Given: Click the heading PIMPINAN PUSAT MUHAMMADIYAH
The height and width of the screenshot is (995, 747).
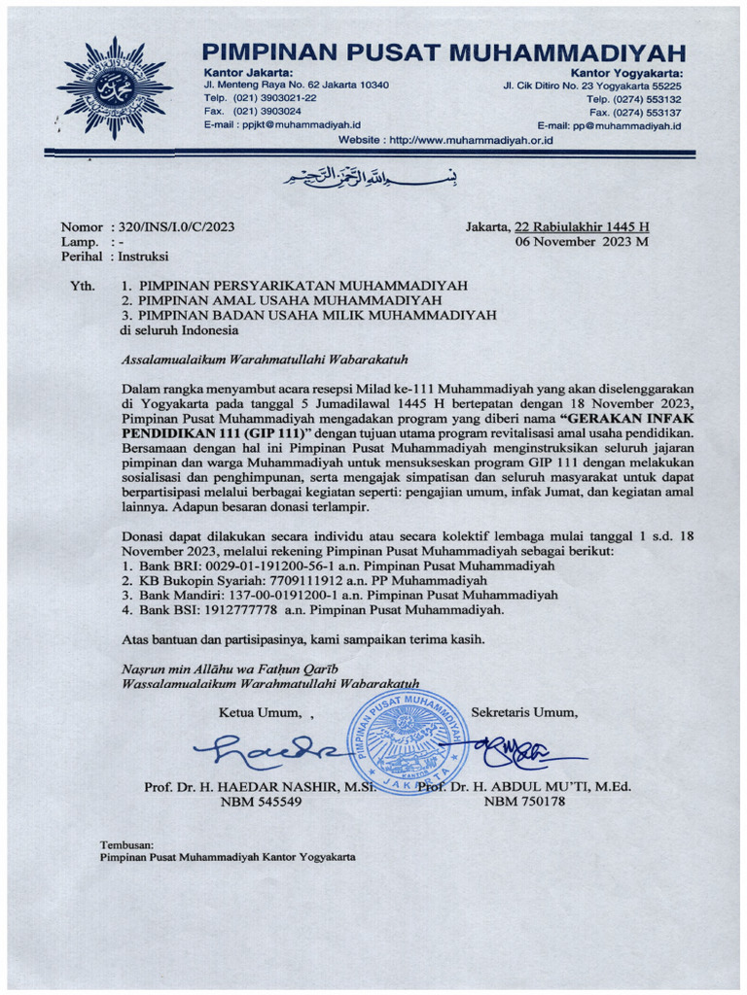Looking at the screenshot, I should [x=445, y=52].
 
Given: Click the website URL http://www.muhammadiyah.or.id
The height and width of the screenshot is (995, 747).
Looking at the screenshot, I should [x=471, y=141].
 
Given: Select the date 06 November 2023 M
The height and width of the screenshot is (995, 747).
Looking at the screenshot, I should [x=582, y=242].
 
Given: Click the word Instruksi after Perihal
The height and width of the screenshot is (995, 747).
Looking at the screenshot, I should [x=143, y=257].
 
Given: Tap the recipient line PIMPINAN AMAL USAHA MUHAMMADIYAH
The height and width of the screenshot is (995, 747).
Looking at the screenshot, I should [x=297, y=300].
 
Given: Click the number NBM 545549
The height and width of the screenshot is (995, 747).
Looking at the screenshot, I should [x=261, y=802].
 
